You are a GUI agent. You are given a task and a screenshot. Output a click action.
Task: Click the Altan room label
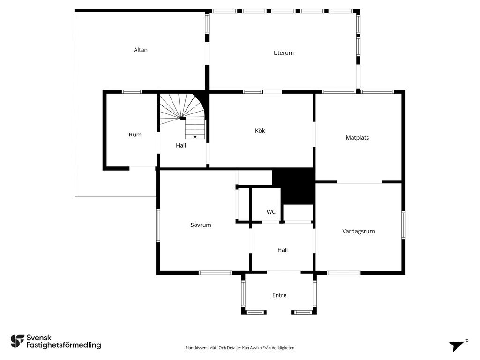[141, 50]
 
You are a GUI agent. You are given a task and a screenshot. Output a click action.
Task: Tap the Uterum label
[284, 53]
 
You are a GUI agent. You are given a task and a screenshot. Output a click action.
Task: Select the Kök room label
[260, 131]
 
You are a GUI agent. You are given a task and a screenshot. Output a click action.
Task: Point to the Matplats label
[357, 138]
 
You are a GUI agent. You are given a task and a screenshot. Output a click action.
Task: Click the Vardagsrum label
[359, 231]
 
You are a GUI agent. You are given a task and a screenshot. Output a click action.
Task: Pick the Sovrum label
[201, 225]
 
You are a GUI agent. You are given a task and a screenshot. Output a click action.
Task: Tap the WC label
[271, 212]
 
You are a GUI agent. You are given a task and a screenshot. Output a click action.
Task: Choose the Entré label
[279, 295]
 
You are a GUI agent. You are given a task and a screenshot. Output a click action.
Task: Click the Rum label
[135, 135]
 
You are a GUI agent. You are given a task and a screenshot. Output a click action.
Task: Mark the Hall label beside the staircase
[181, 145]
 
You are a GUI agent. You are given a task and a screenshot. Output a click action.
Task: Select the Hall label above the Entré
[283, 250]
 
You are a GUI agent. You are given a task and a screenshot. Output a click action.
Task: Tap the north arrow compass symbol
[458, 345]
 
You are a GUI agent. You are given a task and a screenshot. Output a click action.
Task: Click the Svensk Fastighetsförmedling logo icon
[17, 341]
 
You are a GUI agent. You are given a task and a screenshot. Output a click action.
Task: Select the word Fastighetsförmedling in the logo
[64, 345]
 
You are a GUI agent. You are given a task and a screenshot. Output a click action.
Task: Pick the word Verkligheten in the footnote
[285, 348]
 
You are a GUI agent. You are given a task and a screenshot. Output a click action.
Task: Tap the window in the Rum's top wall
[132, 91]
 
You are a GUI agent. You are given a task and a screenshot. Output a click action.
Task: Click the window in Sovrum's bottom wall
[216, 273]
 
